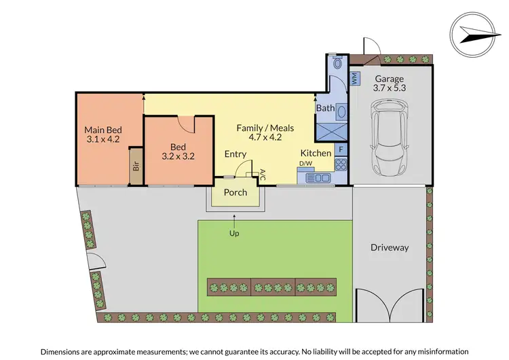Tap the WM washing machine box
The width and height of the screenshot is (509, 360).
pyautogui.click(x=354, y=79)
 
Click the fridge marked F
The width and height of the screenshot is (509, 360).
pyautogui.click(x=341, y=148)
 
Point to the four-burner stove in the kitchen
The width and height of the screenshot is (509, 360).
pyautogui.click(x=341, y=164)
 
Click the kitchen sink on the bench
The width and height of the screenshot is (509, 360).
pyautogui.click(x=317, y=177)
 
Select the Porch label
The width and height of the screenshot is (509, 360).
pyautogui.click(x=235, y=192)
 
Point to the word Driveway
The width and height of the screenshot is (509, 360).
pyautogui.click(x=390, y=248)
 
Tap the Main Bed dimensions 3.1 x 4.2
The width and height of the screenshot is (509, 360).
pyautogui.click(x=102, y=139)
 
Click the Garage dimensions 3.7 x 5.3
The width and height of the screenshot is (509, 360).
pyautogui.click(x=390, y=88)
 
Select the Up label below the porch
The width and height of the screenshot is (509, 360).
pyautogui.click(x=235, y=233)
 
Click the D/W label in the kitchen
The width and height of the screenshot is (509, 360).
pyautogui.click(x=306, y=163)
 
